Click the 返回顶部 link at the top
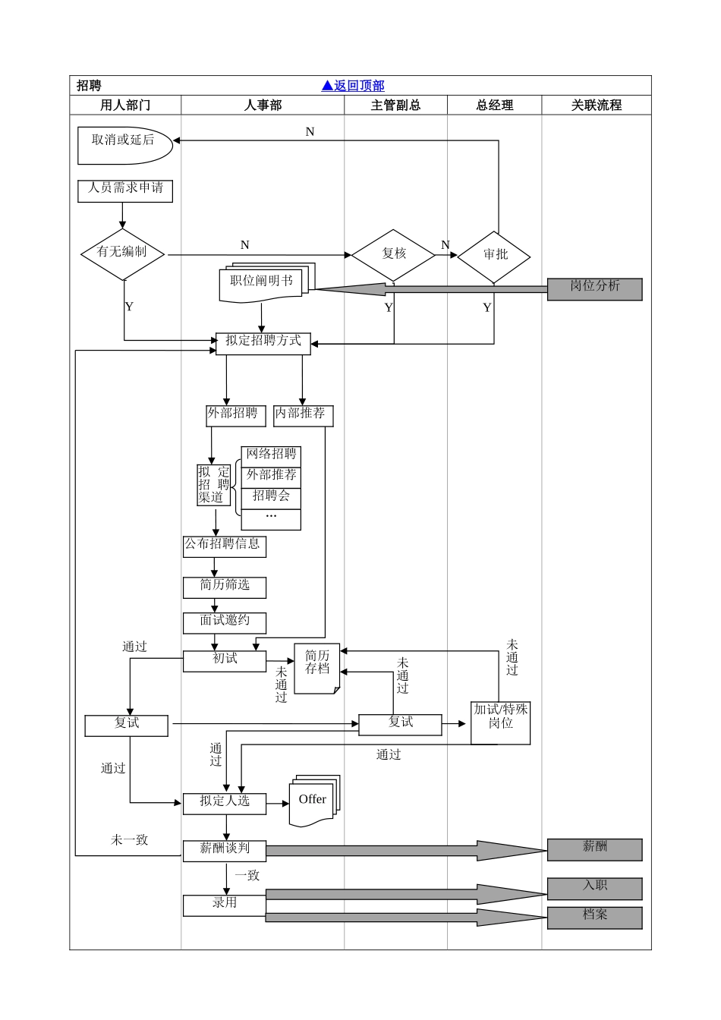353,86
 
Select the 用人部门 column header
125,105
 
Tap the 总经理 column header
494,105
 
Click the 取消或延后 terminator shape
124,144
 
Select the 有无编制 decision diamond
122,253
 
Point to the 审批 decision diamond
494,256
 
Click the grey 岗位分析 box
594,288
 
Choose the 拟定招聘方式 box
263,343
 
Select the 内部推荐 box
303,415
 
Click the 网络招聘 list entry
271,456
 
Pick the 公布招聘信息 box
224,546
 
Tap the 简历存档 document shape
316,667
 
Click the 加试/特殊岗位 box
500,722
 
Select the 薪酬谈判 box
225,850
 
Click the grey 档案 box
594,917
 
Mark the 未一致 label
129,839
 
